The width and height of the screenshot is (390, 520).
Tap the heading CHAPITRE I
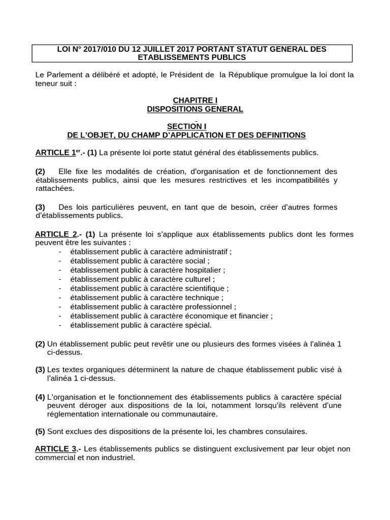click(195, 101)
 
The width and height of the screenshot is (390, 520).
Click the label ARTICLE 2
click(56, 234)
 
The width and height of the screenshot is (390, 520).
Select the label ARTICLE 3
click(56, 449)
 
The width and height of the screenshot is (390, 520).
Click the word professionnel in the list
click(210, 306)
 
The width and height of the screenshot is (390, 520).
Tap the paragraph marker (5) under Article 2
click(40, 431)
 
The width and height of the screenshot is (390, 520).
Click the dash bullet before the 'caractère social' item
click(60, 261)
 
